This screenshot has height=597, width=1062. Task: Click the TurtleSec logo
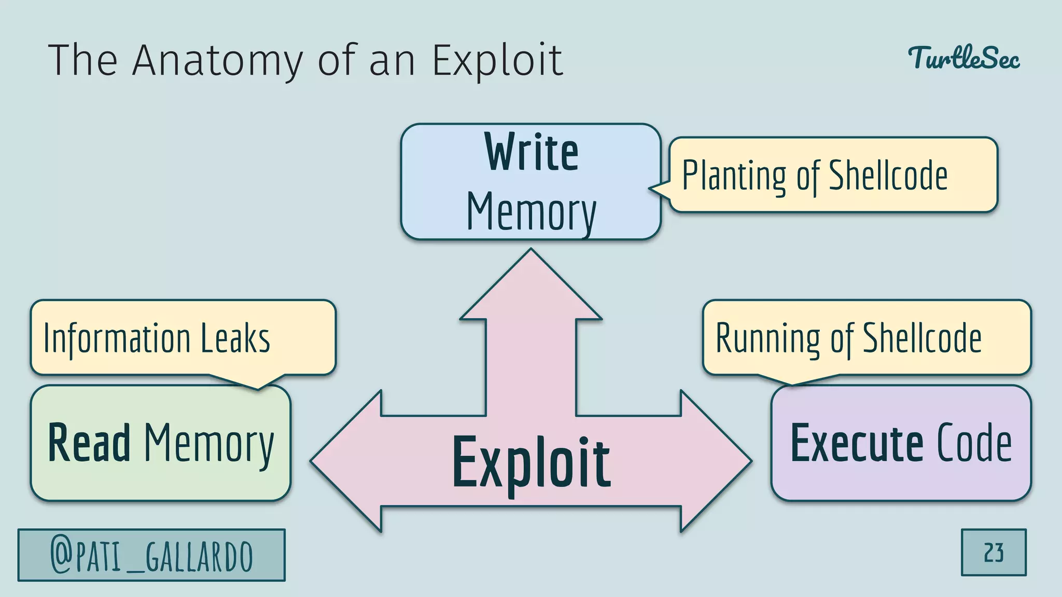(x=963, y=58)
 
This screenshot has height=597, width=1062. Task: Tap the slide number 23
(x=994, y=552)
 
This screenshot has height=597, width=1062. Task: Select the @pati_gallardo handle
(x=151, y=556)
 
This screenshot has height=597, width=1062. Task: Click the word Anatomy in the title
(x=217, y=61)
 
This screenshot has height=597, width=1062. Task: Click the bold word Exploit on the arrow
(x=531, y=463)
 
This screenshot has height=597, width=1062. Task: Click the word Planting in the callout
(x=734, y=176)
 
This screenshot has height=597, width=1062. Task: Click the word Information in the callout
(x=117, y=338)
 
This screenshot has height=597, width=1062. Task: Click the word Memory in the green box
(x=208, y=445)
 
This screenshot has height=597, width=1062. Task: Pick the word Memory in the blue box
(x=531, y=212)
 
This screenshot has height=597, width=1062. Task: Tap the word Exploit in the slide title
(x=497, y=61)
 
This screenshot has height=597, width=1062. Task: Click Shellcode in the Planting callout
(x=888, y=176)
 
